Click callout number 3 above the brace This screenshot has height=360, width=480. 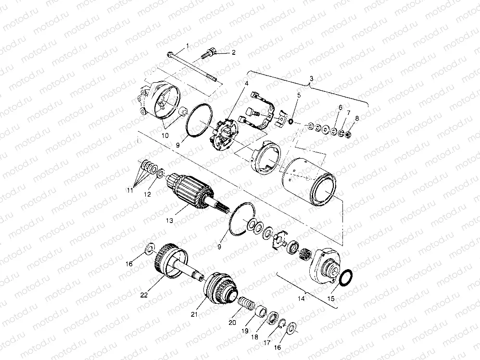[311, 78]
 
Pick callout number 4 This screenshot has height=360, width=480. [246, 84]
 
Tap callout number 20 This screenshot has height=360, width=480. [232, 323]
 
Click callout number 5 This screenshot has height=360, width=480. [299, 95]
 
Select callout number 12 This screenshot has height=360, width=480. [148, 194]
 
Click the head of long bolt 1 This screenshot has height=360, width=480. [172, 54]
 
